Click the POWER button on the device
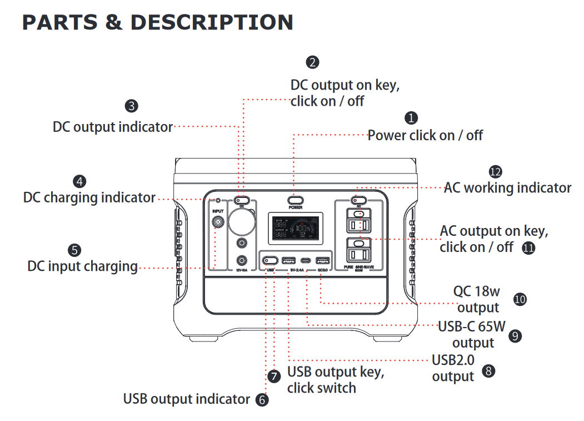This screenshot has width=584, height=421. point(295,200)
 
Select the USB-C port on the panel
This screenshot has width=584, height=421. point(306,260)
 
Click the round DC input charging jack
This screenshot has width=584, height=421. point(218,223)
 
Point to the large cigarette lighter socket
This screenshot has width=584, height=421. point(242,221)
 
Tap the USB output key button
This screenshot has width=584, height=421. point(271,260)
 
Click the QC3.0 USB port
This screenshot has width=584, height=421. point(322,260)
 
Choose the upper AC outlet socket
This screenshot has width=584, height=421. point(359,224)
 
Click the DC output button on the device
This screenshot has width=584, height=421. point(242,200)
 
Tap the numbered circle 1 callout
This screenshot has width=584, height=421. point(411,118)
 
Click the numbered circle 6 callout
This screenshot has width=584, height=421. point(261,399)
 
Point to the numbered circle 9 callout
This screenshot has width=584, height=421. point(515,335)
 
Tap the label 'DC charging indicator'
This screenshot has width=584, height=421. point(89,197)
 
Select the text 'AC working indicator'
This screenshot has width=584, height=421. point(507,187)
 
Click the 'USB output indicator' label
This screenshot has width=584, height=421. point(187,399)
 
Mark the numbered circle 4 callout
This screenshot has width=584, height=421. point(80,181)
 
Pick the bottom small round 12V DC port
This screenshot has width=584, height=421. point(242,260)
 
